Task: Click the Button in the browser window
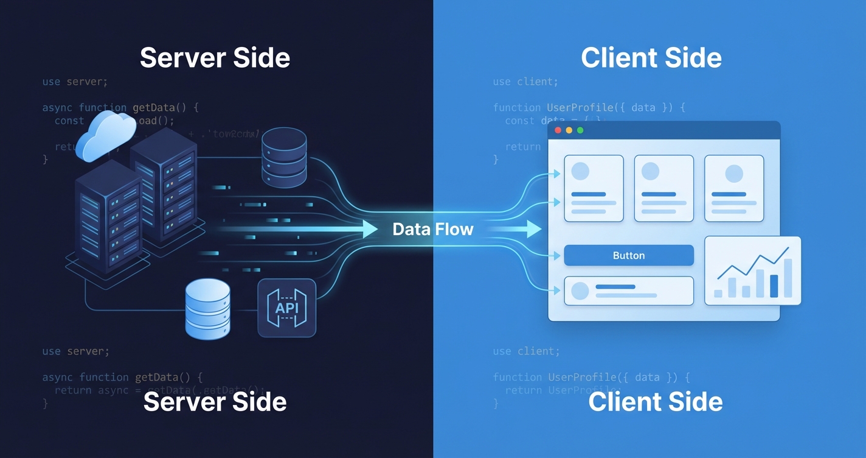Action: coord(629,255)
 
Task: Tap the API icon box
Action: coord(287,308)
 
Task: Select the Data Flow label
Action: coord(432,229)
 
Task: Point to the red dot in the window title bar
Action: coord(558,130)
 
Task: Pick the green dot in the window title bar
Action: coord(580,130)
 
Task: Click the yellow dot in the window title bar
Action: coord(569,130)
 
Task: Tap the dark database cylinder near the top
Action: coord(284,157)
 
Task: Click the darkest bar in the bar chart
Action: coord(774,286)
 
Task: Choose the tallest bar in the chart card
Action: coord(788,278)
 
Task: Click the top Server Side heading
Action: coord(215,58)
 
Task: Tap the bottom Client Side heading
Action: coord(655,402)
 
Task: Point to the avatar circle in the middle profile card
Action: coord(650,172)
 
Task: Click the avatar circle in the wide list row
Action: coord(580,291)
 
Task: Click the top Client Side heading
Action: coord(651,58)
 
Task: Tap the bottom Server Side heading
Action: coord(215,402)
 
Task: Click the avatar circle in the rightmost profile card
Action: coord(733,173)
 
